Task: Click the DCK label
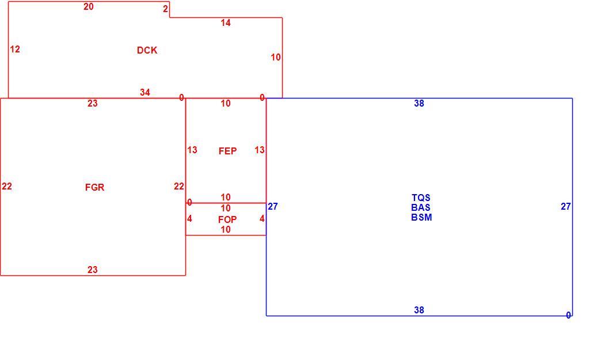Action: (x=147, y=50)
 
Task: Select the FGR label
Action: (x=95, y=187)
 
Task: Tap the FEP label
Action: (x=227, y=151)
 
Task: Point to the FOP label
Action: (x=227, y=219)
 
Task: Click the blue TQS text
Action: (x=421, y=198)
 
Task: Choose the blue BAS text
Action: (x=421, y=207)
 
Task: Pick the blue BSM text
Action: (x=421, y=218)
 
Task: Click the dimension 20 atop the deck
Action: (x=88, y=6)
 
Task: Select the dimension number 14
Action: (x=226, y=23)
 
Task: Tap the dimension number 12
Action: (x=15, y=49)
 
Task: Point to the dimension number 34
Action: (x=145, y=92)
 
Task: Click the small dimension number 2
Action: (x=165, y=9)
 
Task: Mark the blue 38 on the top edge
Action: (x=419, y=103)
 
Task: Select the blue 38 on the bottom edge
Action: (x=419, y=310)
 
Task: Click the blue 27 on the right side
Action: (x=566, y=206)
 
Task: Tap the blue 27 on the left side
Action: (x=273, y=206)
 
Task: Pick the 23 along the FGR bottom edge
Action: (x=93, y=270)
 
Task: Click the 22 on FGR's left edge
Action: (x=7, y=186)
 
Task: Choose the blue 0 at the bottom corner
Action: (x=568, y=316)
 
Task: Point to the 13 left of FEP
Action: (x=192, y=150)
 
